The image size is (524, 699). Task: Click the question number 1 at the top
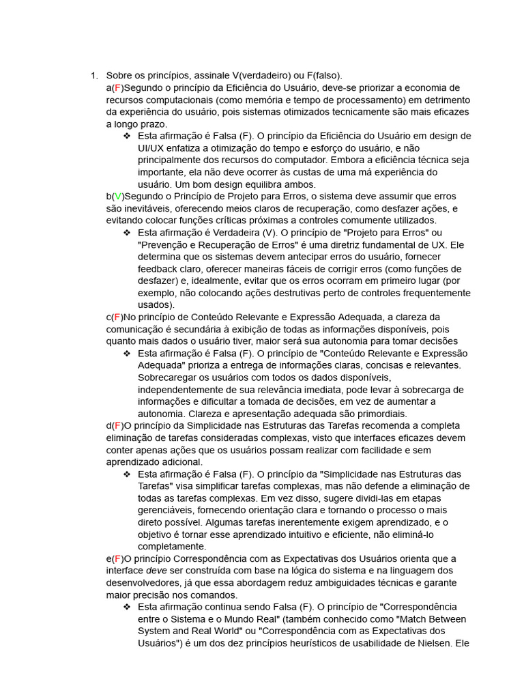tap(93, 75)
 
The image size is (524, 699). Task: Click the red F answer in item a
tap(117, 88)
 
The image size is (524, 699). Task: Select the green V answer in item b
tap(117, 197)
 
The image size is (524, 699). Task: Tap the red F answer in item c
tap(117, 317)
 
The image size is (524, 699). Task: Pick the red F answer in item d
tap(117, 426)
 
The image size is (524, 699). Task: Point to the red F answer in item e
tap(117, 558)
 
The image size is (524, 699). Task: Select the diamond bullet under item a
tap(127, 136)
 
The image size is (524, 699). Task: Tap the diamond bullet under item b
tap(127, 233)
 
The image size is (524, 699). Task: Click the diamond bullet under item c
tap(127, 353)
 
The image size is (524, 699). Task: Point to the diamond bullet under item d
tap(127, 474)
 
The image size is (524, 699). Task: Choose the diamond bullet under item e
tap(127, 606)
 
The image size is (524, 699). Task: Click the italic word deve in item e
tap(157, 571)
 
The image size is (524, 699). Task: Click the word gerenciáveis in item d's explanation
tap(167, 510)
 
